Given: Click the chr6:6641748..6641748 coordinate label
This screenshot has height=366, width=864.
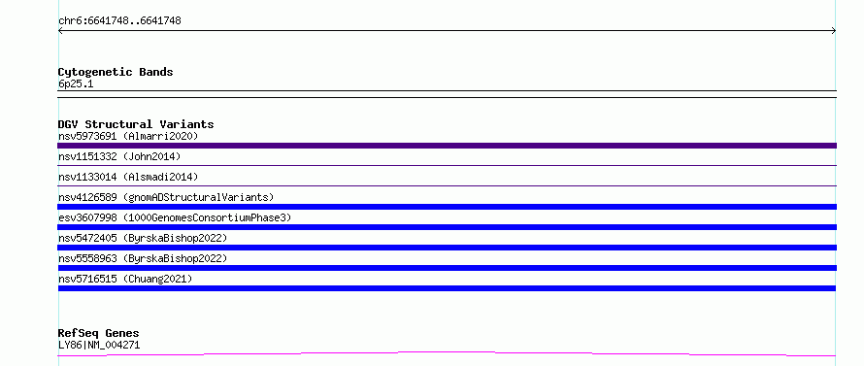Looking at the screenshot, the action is pos(119,21).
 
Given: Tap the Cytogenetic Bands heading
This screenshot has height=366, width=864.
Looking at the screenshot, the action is pos(116,72).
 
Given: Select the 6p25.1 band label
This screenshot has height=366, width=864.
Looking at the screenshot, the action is pos(76,84).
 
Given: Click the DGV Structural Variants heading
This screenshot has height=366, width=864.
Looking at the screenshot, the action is pos(136,124).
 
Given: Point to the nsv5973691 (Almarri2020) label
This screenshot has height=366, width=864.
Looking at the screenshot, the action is pos(128,136).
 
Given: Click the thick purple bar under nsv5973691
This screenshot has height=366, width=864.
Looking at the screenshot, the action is pos(447,146).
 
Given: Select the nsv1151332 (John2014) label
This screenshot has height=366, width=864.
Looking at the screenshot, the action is pos(119,156).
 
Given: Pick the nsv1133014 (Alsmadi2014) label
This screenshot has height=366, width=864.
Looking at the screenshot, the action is pos(128,177).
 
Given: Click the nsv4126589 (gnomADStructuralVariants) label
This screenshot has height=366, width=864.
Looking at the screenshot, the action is pos(166,197).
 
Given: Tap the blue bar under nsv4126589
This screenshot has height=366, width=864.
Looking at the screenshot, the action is pos(447,207).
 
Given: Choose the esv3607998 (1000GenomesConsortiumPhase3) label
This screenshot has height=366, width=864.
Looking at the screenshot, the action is pos(175,217).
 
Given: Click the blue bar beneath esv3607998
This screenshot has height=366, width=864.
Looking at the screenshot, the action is pos(447,227).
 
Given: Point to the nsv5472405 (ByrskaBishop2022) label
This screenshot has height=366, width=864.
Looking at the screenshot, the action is pos(143,238).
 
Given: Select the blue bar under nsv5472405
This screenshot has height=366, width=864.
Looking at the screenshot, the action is pos(447,248).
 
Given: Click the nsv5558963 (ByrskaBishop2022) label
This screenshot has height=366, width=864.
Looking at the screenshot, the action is pos(143,258).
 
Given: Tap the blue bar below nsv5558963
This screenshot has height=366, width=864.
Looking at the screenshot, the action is pos(447,268).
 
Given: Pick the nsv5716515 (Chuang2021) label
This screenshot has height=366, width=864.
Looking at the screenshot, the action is pos(125,279).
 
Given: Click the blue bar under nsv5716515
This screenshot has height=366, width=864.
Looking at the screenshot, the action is pos(447,288).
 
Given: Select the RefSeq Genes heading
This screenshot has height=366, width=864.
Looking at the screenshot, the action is pos(99,334).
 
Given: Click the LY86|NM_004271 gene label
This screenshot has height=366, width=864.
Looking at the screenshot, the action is pos(99,346).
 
